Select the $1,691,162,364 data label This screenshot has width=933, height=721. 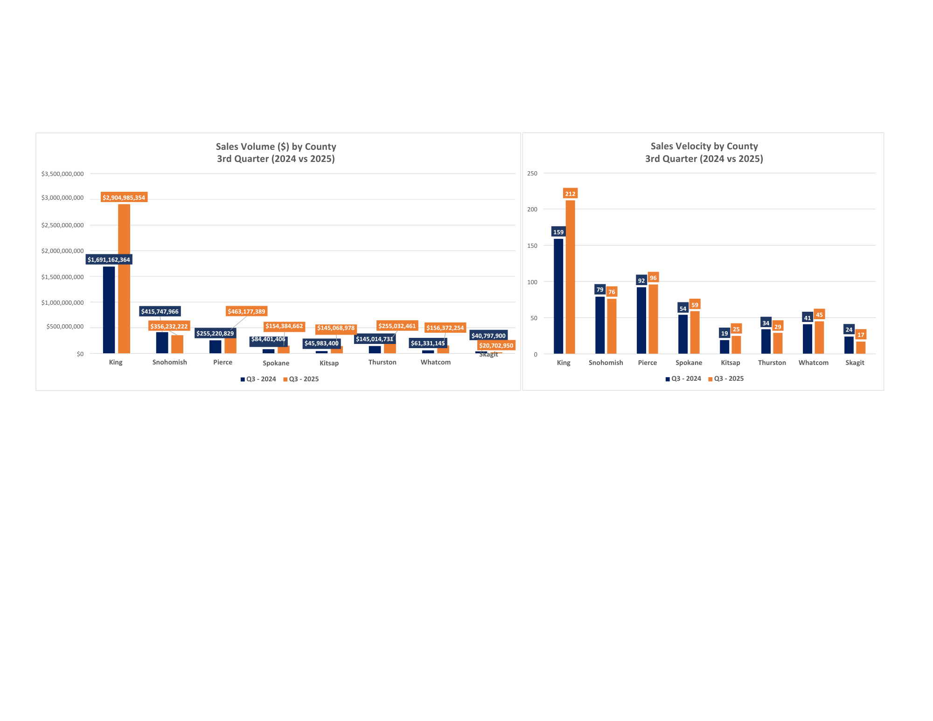109,259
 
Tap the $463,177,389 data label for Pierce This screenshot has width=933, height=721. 246,311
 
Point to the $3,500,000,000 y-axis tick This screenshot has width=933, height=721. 63,174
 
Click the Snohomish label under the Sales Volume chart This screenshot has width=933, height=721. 169,362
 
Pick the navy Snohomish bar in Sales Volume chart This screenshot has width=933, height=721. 162,343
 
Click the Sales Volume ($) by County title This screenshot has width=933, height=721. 276,147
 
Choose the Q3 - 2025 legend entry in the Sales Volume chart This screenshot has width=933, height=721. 301,379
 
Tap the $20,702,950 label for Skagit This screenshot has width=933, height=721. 496,346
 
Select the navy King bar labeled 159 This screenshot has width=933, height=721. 558,296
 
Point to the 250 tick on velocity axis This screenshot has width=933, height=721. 532,173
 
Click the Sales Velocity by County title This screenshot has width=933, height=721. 704,147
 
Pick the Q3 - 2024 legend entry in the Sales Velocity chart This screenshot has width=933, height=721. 683,378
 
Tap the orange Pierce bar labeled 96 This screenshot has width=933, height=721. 653,319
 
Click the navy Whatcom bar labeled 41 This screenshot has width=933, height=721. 808,339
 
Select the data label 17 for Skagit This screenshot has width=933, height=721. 861,335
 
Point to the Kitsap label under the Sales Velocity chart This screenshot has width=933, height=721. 730,363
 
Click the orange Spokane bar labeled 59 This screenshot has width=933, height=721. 695,332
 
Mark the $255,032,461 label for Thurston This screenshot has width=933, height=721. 397,326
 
